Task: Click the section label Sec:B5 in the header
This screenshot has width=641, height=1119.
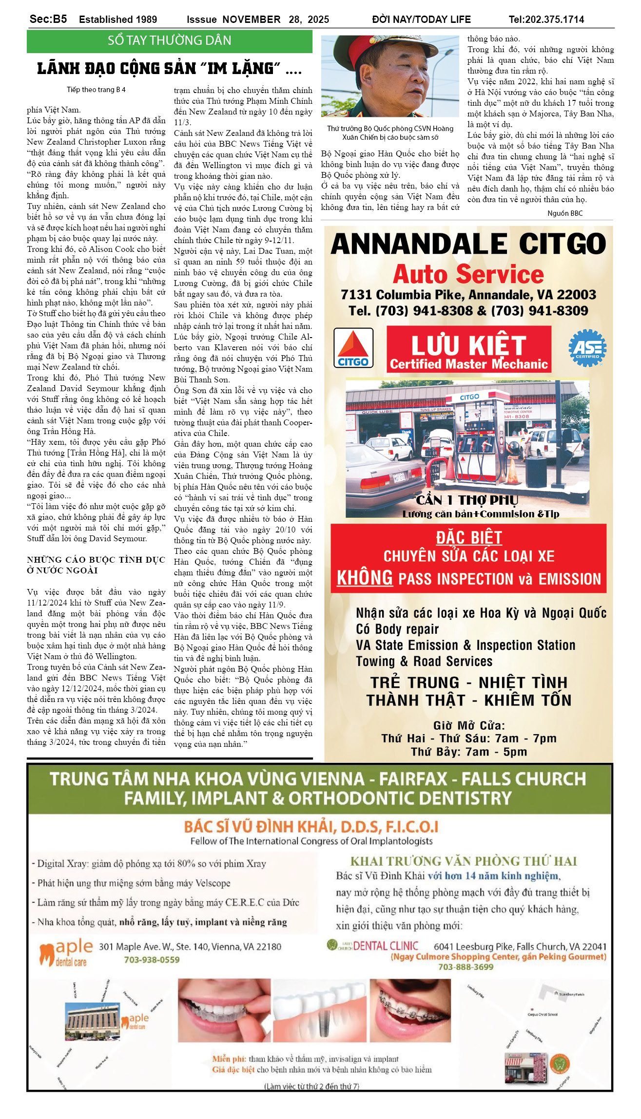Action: coord(48,19)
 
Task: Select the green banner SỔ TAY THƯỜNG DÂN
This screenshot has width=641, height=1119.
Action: coord(169,40)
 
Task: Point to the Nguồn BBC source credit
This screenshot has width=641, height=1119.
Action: coord(564,213)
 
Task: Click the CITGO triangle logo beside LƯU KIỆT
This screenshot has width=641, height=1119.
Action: coord(353,347)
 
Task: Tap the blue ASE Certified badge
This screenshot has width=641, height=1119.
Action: coord(587,348)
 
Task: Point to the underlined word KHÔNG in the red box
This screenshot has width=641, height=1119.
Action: coord(365,578)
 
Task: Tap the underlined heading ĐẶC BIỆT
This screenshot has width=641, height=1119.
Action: coord(468,537)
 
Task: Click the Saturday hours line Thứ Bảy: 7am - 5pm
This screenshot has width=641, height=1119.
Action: coord(468,751)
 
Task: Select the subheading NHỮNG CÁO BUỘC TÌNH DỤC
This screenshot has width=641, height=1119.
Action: coord(96,560)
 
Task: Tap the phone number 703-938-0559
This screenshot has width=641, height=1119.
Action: coord(152,959)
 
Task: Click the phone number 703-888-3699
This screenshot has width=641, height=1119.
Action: coord(466,967)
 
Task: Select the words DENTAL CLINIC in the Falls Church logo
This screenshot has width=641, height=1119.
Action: coord(385,946)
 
